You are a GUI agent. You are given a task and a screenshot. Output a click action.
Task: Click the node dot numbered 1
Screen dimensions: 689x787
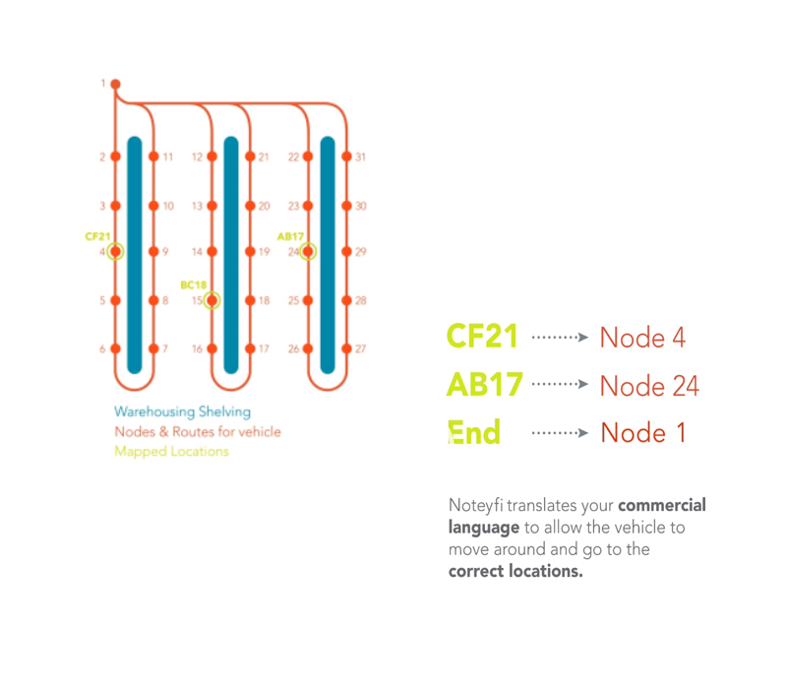click(115, 84)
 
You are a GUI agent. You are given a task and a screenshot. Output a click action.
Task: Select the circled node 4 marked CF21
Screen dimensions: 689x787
click(115, 252)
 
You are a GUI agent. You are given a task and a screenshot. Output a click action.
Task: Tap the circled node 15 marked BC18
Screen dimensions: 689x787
click(212, 300)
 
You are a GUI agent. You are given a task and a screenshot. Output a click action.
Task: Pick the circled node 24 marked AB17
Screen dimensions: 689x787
click(308, 252)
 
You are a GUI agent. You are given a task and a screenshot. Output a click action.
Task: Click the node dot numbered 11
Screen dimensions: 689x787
click(152, 157)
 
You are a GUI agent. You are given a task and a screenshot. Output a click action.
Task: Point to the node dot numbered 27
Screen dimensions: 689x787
click(346, 348)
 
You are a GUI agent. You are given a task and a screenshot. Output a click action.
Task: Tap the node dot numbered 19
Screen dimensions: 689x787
click(250, 252)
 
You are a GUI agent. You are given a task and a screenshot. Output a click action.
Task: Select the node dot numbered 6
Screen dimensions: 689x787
click(115, 348)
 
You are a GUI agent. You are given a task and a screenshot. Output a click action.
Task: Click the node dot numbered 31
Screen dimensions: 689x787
click(346, 157)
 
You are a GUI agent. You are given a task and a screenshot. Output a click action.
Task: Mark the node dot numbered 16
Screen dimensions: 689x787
click(212, 348)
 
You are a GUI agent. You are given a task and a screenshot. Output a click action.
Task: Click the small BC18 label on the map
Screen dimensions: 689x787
click(194, 284)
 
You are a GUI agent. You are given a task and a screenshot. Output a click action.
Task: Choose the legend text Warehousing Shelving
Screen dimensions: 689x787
click(182, 411)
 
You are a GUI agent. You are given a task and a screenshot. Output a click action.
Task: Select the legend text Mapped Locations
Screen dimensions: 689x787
click(171, 452)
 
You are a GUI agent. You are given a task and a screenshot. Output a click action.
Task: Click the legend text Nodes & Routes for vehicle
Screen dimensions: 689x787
click(197, 431)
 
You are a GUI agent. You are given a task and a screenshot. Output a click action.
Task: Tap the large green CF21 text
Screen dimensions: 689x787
click(482, 337)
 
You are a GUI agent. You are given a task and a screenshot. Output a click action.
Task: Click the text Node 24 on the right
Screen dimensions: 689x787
click(649, 386)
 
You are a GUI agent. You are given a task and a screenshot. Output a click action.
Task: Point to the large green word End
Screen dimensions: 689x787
click(474, 432)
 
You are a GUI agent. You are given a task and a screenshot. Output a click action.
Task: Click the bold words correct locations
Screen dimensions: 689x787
click(515, 571)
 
